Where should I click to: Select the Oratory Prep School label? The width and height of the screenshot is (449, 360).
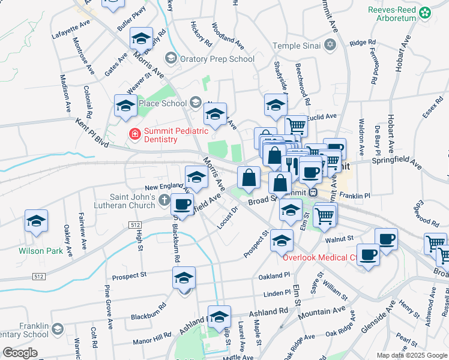(218, 59)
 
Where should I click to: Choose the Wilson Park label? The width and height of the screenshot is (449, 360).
(41, 251)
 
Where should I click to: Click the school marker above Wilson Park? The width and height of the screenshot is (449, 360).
(36, 221)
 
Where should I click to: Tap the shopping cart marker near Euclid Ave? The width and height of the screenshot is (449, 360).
(296, 126)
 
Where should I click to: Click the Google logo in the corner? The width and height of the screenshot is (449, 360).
(20, 353)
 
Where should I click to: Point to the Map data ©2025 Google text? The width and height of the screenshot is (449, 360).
(412, 355)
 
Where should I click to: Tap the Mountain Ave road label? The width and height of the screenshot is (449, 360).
(322, 311)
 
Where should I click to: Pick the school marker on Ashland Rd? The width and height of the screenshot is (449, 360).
(219, 317)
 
